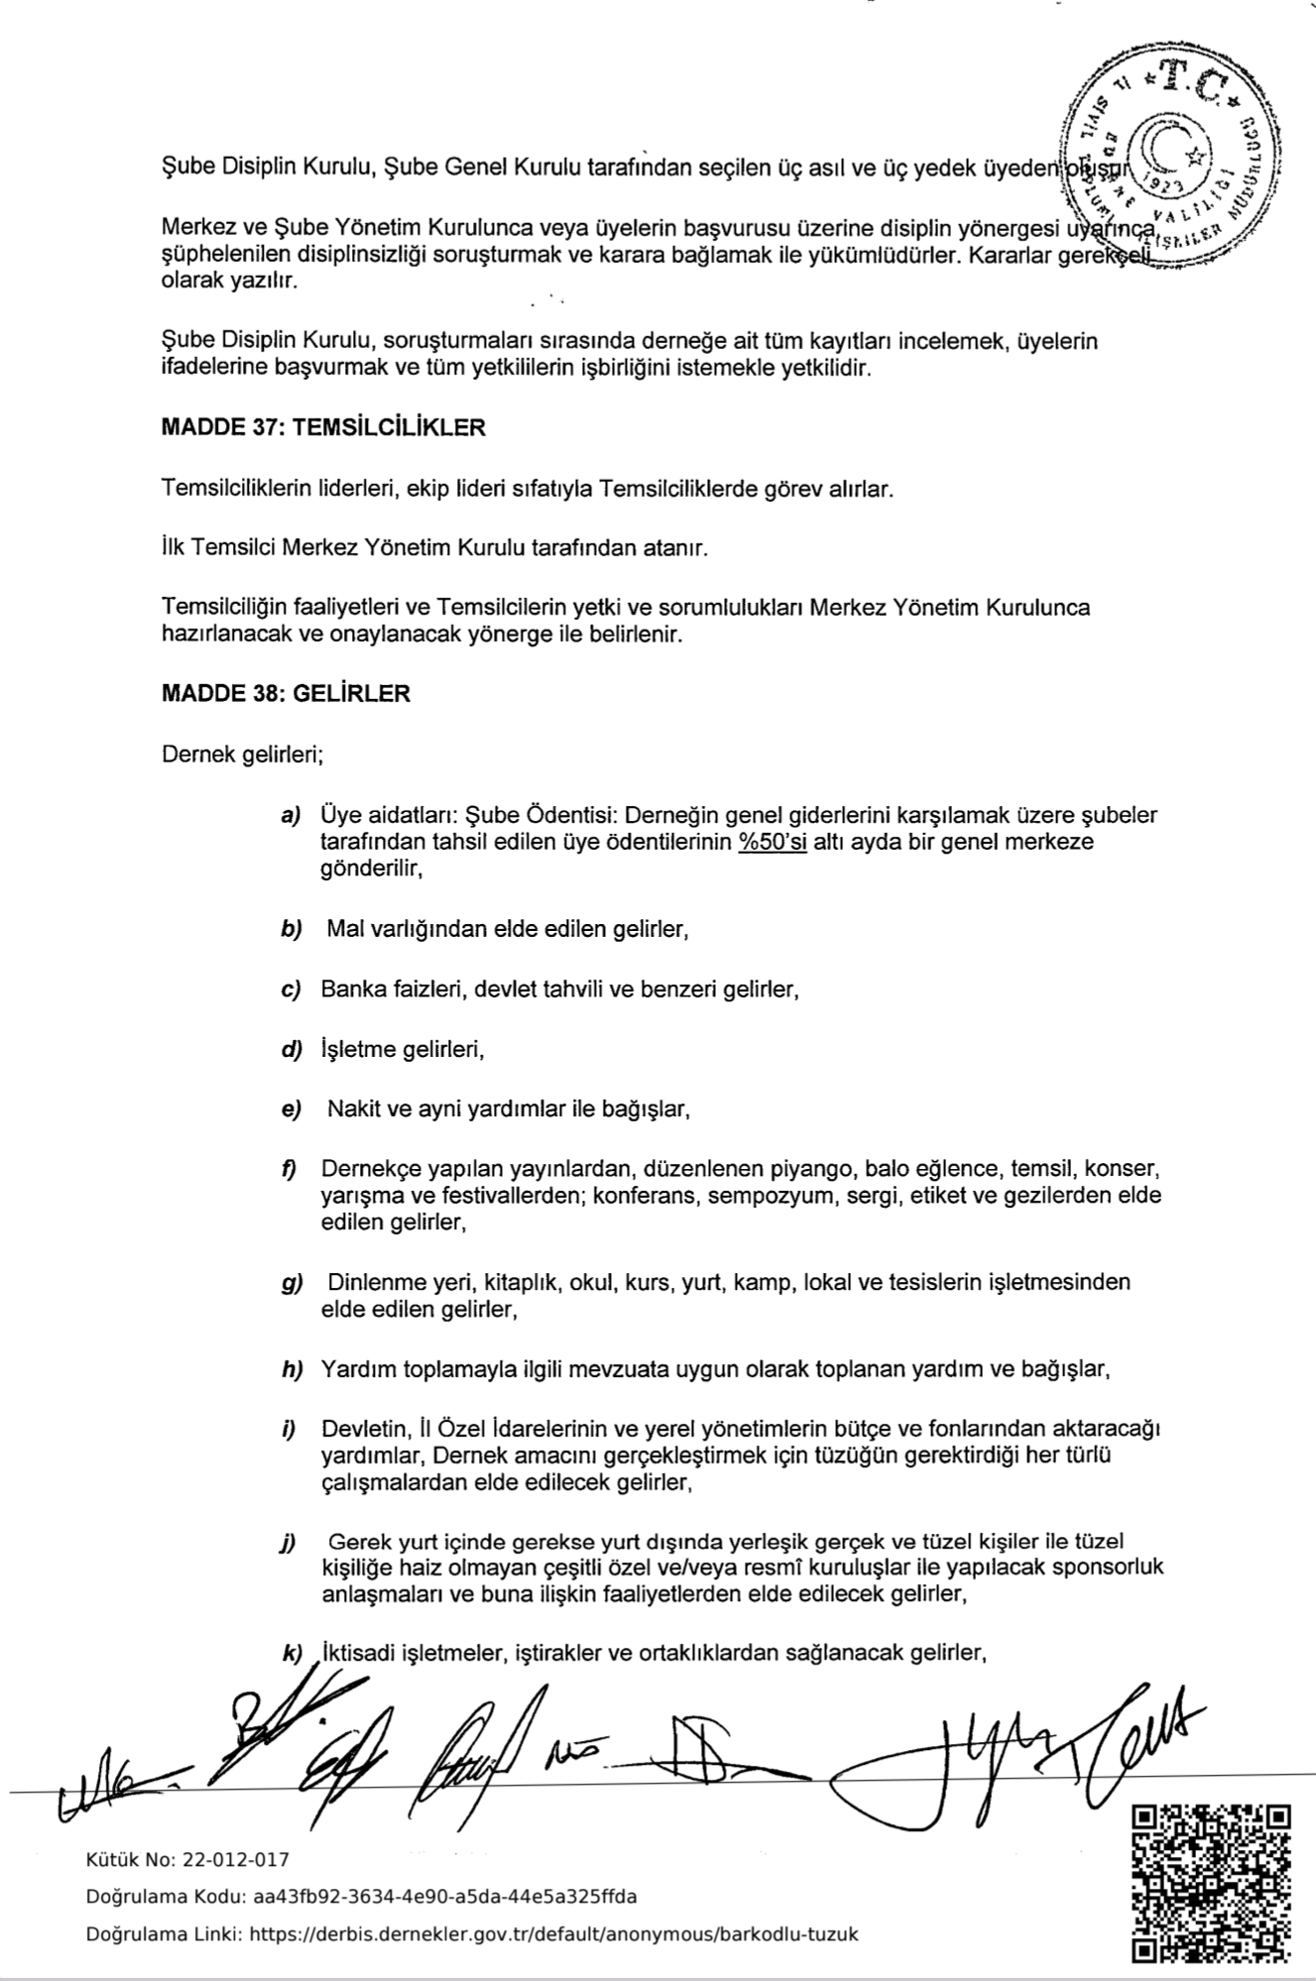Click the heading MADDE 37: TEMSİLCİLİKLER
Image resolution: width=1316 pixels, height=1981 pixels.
click(323, 428)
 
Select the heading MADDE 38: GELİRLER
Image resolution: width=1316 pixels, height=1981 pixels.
click(286, 693)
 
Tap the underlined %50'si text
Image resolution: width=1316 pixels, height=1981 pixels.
click(773, 843)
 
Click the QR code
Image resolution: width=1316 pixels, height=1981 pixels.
click(1212, 1882)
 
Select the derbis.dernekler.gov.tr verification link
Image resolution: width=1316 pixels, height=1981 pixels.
click(553, 1933)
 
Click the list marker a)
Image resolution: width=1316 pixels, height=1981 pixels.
click(291, 816)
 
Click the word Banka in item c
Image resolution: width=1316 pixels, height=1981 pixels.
click(349, 990)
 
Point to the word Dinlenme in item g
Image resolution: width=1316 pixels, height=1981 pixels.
click(373, 1282)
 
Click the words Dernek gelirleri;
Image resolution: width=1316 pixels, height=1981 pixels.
click(243, 755)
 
